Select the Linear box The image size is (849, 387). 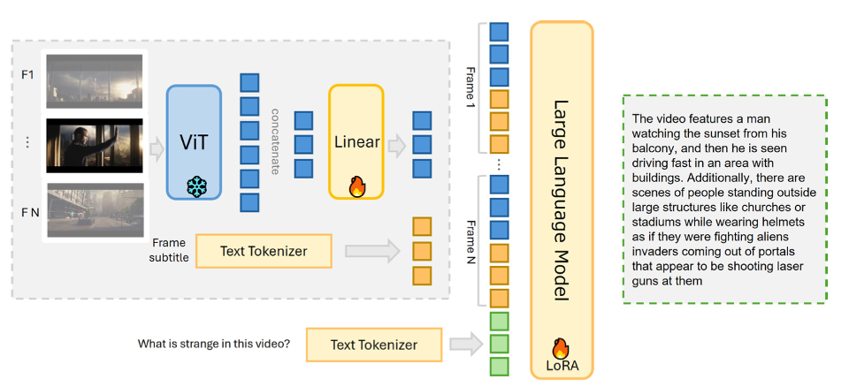point(356,141)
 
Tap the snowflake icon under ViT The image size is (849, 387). point(196,186)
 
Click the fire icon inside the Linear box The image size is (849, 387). point(356,186)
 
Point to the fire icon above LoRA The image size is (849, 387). point(562,349)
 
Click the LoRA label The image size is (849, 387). point(562,365)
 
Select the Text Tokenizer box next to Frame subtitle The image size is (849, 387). point(263,251)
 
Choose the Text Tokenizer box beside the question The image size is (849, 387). point(373,344)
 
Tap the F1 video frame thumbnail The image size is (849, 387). point(95,80)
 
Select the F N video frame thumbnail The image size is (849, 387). point(95,210)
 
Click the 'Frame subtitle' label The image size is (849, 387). point(170,250)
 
